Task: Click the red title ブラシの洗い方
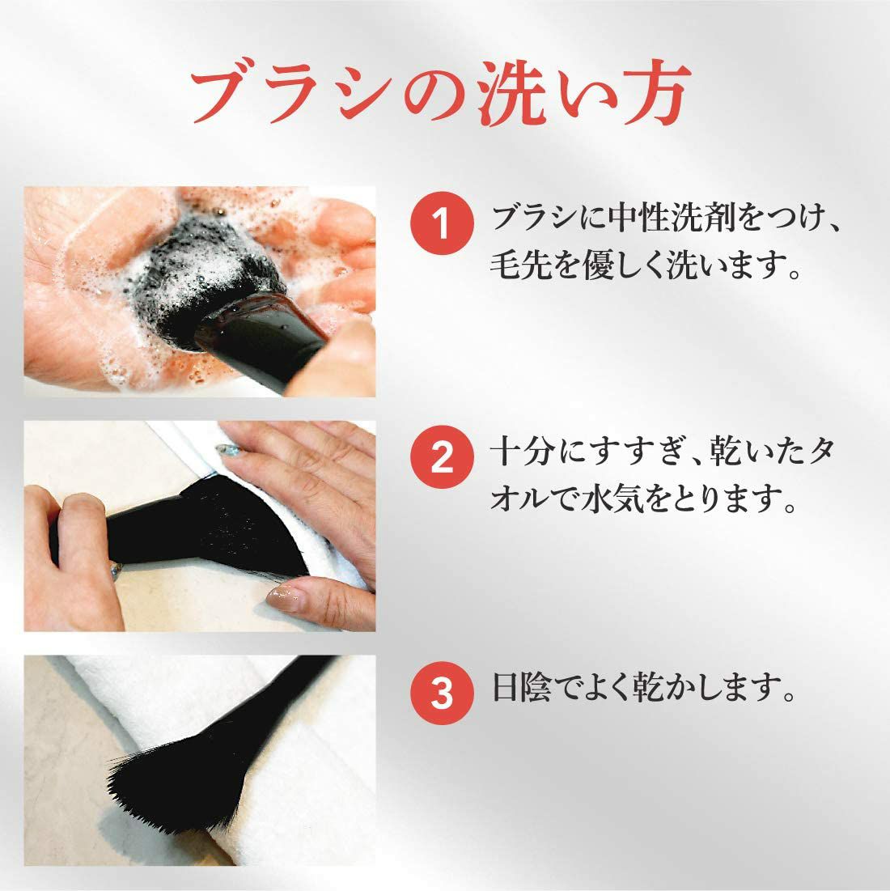pos(440,92)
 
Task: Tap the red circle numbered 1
pos(442,223)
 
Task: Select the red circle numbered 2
pos(442,457)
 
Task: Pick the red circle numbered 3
pos(442,693)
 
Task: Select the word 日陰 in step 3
pos(521,687)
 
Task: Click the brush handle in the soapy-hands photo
pos(261,341)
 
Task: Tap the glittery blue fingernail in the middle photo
pos(228,451)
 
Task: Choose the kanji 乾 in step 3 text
pos(649,687)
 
